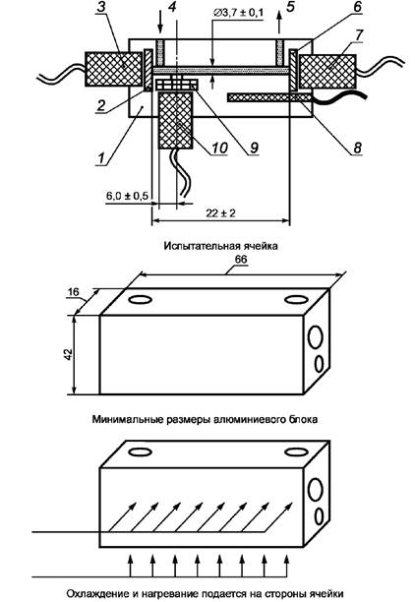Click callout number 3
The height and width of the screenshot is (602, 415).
[100, 8]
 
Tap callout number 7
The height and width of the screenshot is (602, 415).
[359, 34]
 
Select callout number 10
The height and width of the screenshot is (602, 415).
[220, 148]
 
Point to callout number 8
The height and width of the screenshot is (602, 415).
[357, 148]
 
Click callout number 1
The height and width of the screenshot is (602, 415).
[101, 157]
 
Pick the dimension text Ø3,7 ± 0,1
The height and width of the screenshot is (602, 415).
[238, 13]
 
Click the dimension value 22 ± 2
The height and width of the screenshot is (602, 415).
[220, 213]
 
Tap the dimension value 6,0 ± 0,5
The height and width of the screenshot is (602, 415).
[127, 196]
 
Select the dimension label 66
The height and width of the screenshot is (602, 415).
[241, 260]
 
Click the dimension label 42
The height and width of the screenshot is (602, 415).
[68, 354]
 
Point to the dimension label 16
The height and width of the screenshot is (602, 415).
[73, 292]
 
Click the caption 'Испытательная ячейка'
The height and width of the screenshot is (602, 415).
[220, 246]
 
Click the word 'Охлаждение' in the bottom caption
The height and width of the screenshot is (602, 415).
[96, 593]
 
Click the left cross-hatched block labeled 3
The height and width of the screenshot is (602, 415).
[114, 70]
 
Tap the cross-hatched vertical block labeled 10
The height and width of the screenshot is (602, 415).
[175, 120]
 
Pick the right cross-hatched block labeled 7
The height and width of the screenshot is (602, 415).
[327, 72]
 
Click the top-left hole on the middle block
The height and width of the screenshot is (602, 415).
[140, 299]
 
